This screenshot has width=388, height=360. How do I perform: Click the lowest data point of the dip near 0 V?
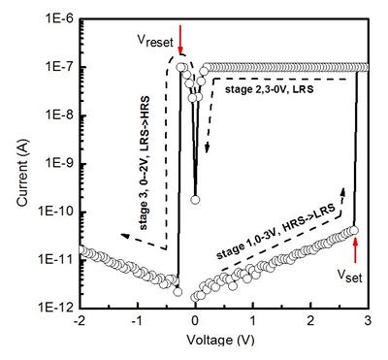[195, 199]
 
